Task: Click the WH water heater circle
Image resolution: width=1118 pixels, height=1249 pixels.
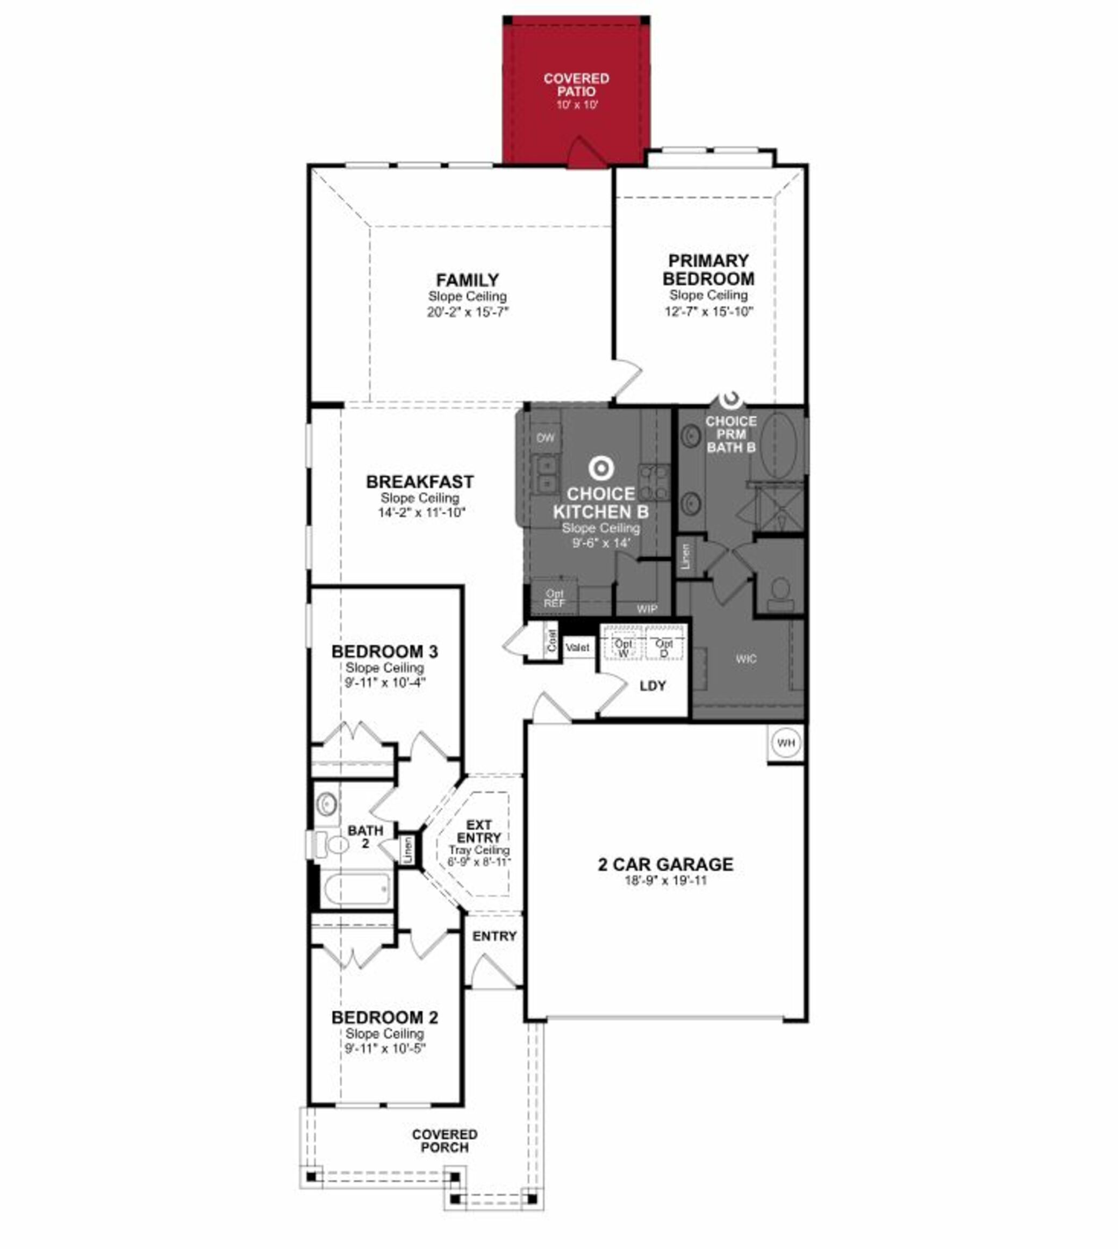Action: click(x=786, y=743)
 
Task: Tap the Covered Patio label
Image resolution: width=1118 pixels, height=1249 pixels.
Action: click(x=576, y=85)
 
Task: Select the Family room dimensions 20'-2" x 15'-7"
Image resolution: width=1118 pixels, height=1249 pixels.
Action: click(x=468, y=312)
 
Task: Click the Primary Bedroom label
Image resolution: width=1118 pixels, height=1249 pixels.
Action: click(x=708, y=270)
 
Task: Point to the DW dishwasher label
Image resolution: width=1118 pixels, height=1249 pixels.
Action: click(x=546, y=438)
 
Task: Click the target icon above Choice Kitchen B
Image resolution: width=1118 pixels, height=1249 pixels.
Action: click(x=600, y=469)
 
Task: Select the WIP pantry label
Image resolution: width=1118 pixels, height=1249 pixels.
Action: click(x=647, y=608)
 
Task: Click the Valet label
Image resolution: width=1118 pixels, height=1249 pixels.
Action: click(x=577, y=647)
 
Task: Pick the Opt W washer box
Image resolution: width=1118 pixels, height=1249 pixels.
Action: click(x=623, y=647)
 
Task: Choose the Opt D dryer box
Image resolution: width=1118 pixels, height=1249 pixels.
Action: click(x=664, y=647)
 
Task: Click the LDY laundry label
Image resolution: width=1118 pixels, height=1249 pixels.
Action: click(x=653, y=686)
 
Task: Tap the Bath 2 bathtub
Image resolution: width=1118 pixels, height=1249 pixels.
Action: click(x=356, y=889)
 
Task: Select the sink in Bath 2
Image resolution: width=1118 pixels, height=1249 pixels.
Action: click(x=327, y=803)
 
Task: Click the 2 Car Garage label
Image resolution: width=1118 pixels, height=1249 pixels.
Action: click(x=665, y=865)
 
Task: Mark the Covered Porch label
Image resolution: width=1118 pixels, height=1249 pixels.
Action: click(x=445, y=1141)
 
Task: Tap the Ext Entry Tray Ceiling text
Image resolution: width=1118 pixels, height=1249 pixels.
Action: click(x=479, y=850)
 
